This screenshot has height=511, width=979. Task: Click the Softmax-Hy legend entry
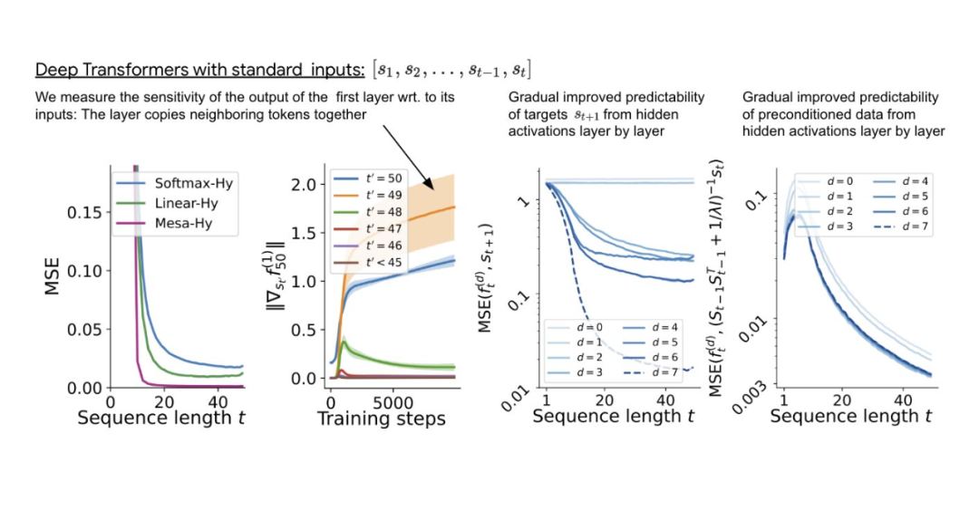[181, 182]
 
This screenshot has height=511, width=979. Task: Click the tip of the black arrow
[436, 189]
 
